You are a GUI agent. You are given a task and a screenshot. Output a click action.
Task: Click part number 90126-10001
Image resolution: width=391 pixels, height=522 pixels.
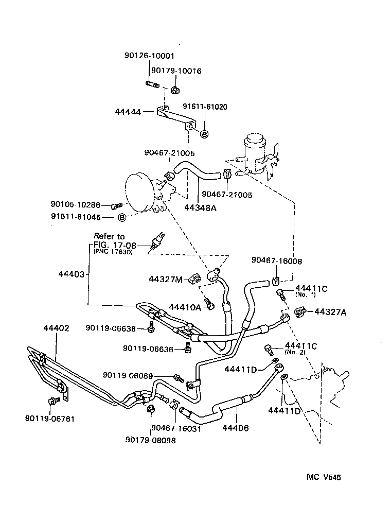149,56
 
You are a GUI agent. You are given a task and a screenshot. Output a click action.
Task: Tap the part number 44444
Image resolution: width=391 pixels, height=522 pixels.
128,111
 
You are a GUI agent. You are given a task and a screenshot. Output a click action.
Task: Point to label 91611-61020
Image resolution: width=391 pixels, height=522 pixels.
205,107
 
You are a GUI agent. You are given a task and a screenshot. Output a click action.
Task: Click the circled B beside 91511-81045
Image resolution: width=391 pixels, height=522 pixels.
122,217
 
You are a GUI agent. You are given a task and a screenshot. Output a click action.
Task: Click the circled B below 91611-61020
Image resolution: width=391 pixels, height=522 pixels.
204,134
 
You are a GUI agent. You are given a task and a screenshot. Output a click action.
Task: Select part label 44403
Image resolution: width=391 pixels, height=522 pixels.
70,274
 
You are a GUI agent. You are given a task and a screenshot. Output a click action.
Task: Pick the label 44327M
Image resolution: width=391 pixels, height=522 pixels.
166,279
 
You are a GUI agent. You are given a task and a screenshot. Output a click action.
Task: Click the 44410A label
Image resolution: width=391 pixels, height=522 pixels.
185,307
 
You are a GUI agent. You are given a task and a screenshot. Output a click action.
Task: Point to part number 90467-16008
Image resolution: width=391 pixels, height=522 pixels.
277,261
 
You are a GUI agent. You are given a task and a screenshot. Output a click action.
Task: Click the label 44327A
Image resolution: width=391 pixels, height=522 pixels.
330,311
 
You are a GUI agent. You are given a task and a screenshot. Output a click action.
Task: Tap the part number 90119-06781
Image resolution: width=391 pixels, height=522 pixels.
49,418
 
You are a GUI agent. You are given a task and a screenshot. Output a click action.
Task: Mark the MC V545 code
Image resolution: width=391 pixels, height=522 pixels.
324,477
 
